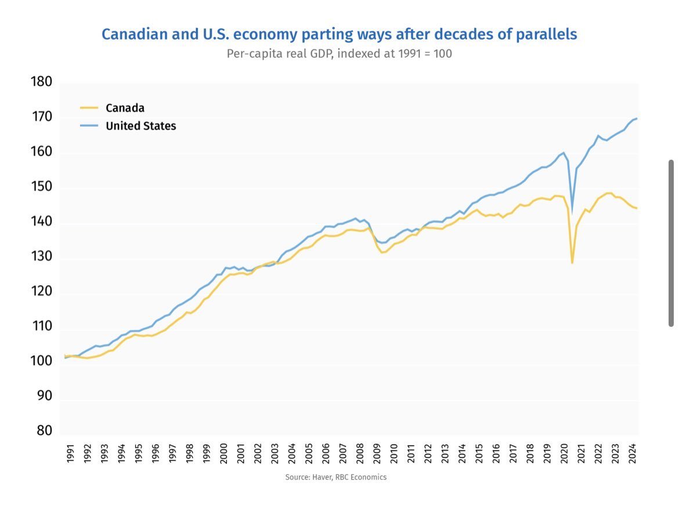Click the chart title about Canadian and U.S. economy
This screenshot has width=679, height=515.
[339, 34]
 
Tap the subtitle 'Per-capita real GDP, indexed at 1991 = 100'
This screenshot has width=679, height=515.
[339, 53]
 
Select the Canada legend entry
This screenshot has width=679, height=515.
[125, 108]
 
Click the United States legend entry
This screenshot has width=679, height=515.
[140, 126]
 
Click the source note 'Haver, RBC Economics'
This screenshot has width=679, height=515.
[335, 477]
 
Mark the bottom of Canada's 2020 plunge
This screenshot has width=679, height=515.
[572, 263]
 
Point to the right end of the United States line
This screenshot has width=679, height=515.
[637, 118]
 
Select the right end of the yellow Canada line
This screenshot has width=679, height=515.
[637, 208]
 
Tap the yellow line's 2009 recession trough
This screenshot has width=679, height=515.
[382, 252]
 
